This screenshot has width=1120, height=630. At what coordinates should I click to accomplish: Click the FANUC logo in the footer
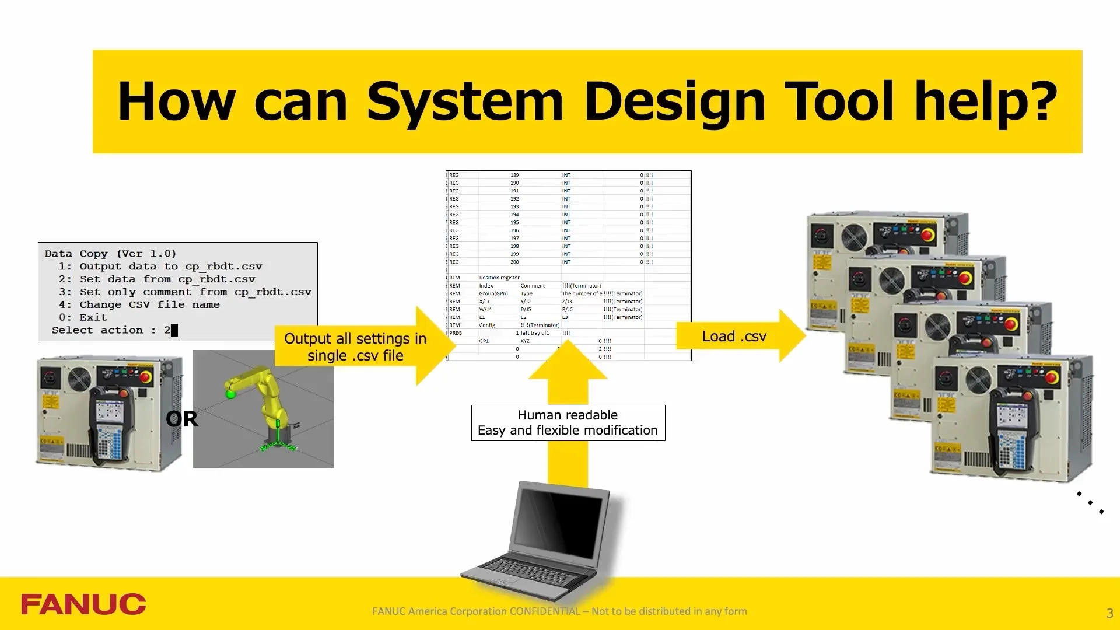(x=83, y=604)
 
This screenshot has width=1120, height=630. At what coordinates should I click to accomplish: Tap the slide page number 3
(x=1109, y=613)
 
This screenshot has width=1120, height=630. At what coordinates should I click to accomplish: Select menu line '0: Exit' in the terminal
(x=83, y=317)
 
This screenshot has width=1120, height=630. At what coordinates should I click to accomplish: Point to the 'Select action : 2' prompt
(x=114, y=330)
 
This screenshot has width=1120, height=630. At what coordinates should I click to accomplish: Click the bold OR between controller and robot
(x=181, y=419)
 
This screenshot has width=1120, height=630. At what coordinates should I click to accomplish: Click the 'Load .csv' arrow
(x=738, y=336)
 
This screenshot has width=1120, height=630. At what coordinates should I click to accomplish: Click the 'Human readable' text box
(x=568, y=423)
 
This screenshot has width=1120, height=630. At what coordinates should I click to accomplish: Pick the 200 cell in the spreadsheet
(x=514, y=262)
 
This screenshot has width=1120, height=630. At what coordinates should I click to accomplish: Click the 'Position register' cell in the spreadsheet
(x=499, y=278)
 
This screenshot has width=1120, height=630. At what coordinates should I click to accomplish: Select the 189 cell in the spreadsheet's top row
(x=514, y=175)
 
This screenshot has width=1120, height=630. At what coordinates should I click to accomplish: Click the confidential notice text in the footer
(x=559, y=611)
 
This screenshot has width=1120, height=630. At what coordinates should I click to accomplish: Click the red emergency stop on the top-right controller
(x=927, y=235)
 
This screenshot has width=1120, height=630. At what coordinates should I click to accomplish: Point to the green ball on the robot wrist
(x=230, y=394)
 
